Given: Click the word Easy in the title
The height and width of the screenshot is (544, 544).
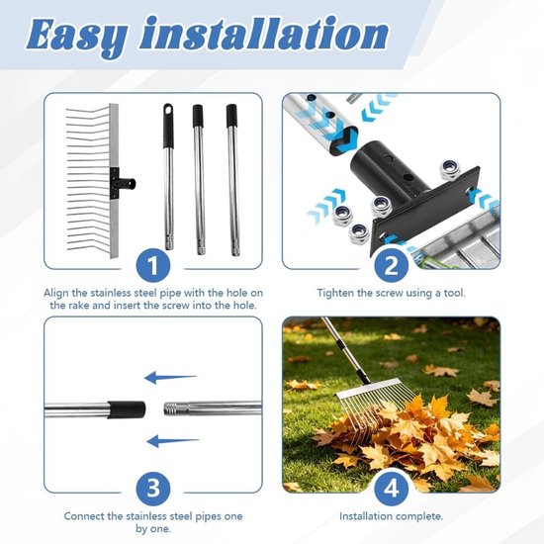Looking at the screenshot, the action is [77, 36].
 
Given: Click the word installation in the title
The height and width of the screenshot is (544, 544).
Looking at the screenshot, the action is [264, 33].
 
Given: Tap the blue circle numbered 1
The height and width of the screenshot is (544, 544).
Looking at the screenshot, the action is [153, 265].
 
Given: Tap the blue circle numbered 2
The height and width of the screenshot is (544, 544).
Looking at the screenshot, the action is [391, 265].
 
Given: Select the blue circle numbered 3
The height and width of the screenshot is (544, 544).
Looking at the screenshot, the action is [153, 488].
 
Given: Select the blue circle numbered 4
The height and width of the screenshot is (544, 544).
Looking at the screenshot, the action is [391, 488].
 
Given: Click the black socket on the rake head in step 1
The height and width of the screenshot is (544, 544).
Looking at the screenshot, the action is [124, 183].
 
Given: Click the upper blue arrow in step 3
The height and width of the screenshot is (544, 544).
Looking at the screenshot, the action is [170, 378].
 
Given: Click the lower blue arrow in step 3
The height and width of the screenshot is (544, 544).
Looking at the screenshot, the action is [173, 441].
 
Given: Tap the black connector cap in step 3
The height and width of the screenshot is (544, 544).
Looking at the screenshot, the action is [127, 409].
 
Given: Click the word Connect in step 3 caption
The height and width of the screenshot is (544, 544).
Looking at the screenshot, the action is [84, 516].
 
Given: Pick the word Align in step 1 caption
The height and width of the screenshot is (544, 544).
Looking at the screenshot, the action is [55, 293].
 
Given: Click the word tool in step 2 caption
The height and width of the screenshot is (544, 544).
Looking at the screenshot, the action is [454, 293].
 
